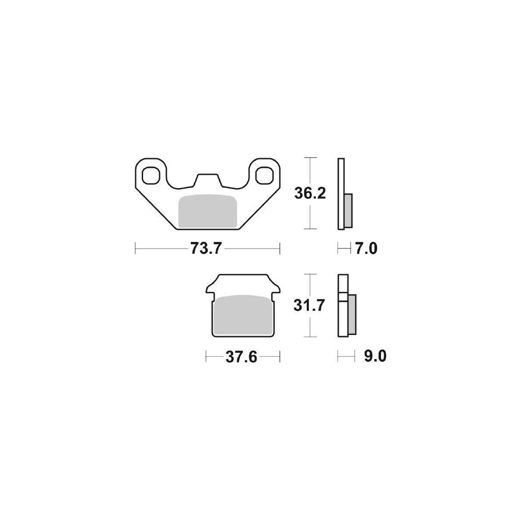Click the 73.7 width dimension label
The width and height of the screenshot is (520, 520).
pyautogui.click(x=205, y=248)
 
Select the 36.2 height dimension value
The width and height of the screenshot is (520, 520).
pyautogui.click(x=310, y=193)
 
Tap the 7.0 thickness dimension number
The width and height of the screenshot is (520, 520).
pyautogui.click(x=366, y=249)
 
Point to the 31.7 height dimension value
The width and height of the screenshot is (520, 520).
pyautogui.click(x=309, y=305)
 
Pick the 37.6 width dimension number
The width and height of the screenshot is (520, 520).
pyautogui.click(x=241, y=357)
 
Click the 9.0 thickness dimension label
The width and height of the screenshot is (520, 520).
pyautogui.click(x=375, y=357)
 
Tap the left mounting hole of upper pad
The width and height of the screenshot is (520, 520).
pyautogui.click(x=151, y=175)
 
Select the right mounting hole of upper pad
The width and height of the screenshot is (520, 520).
pyautogui.click(x=265, y=175)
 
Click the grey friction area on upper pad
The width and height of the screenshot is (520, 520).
pyautogui.click(x=207, y=211)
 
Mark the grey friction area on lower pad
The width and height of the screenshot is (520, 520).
pyautogui.click(x=243, y=315)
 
